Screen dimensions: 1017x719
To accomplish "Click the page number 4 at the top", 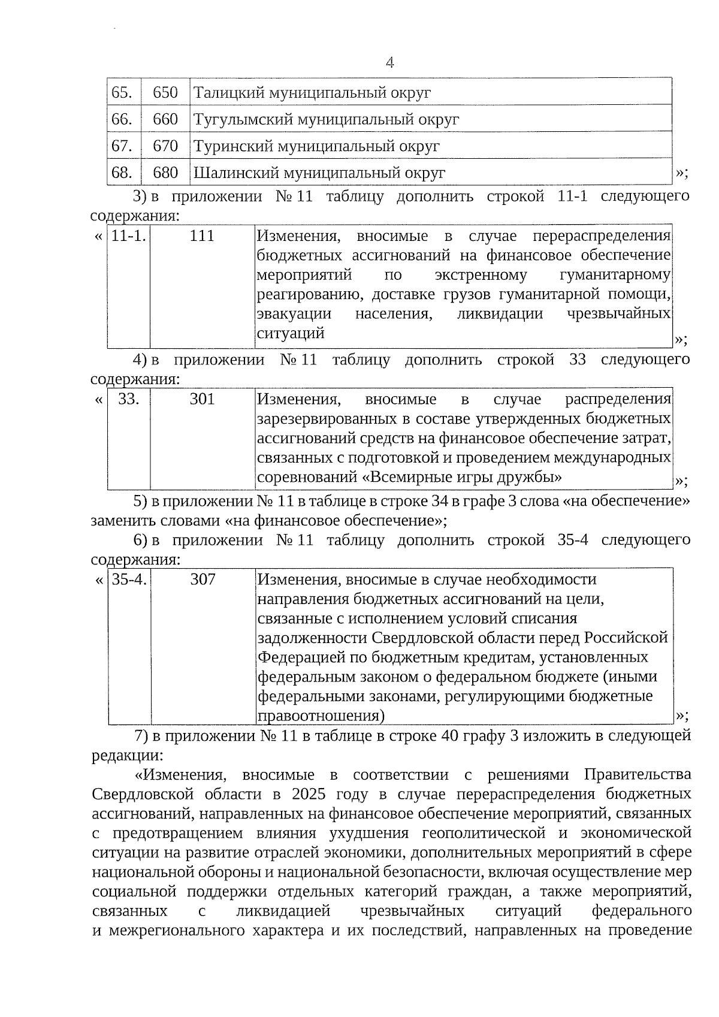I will [x=389, y=62].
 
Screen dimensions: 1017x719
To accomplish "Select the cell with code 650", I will [x=165, y=92].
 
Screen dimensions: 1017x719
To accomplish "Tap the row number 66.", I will [x=122, y=119].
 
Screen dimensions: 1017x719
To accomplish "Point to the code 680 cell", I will [x=165, y=173].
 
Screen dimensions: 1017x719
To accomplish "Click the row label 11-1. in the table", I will [x=129, y=236].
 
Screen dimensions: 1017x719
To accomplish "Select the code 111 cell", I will [x=202, y=236].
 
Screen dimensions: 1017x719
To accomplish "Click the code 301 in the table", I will [x=202, y=399].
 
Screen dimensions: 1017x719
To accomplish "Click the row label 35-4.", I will [x=129, y=580].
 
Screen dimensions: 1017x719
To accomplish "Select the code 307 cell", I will [x=203, y=580].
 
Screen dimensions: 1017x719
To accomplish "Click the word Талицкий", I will [x=228, y=93].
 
